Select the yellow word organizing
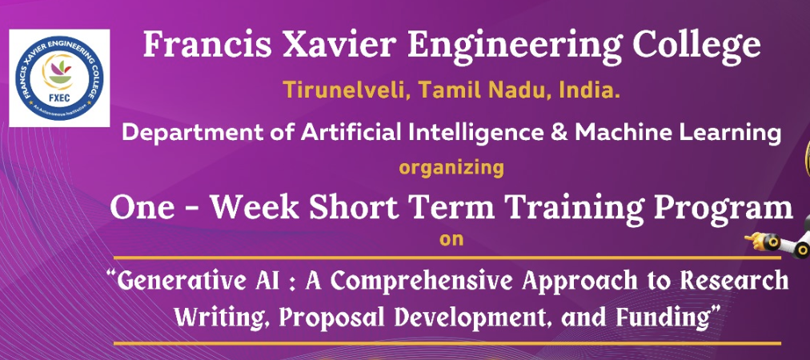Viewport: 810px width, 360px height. (451, 168)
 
